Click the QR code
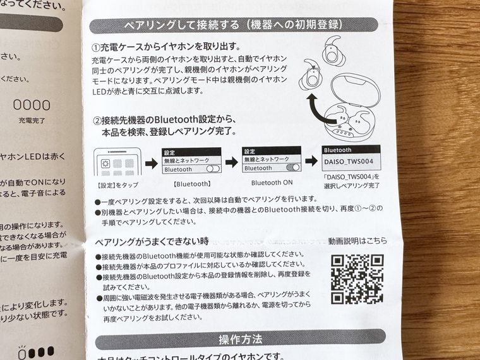tap(357, 278)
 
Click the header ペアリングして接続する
tap(233, 25)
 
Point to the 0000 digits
tap(32, 105)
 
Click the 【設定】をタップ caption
tap(117, 185)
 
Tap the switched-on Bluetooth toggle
tap(292, 169)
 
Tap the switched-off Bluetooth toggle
tap(212, 169)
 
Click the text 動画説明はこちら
tap(357, 241)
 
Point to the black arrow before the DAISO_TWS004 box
tap(312, 162)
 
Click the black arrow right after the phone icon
tap(150, 164)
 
